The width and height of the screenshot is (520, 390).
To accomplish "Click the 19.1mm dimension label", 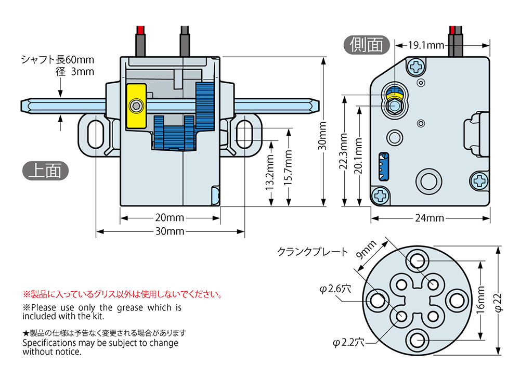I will (426, 45).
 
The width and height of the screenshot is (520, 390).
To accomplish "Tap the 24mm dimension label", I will (429, 218).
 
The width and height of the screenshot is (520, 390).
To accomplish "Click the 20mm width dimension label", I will (168, 218).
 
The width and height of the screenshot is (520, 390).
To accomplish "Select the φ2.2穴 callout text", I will (349, 342).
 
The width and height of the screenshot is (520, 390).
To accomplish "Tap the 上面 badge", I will (46, 170).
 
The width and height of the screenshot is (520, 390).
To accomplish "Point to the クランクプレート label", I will (312, 252).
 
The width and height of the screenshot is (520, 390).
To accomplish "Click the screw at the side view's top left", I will (416, 67).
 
